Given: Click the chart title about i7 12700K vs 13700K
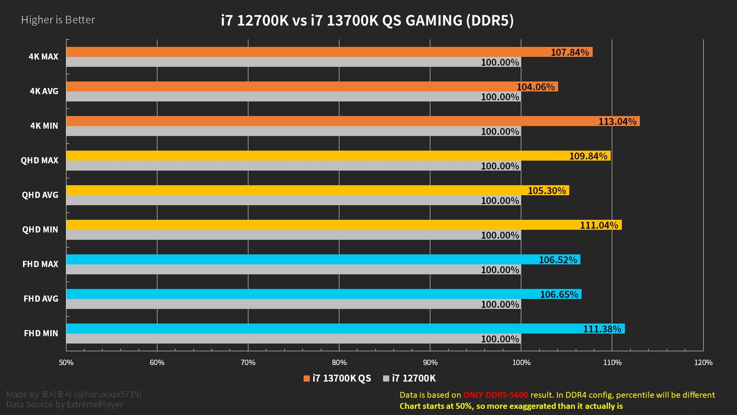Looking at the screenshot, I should coord(367,20).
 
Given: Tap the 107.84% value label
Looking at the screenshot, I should coord(570,52).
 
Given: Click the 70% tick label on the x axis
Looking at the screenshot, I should coord(248,362).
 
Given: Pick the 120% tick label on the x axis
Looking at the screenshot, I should coord(703,362).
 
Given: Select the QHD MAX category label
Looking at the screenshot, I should coord(40,160).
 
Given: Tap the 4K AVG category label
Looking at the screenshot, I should coord(44,91).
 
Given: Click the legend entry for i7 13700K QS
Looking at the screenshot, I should coord(337,378).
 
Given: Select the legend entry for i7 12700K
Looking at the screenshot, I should coord(410,378).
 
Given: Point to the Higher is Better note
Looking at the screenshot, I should coord(58,20).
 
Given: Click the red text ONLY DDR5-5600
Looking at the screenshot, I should coord(495,395).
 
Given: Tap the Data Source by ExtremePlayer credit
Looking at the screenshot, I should coord(64,405).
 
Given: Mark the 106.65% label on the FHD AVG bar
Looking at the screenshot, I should coord(559,294).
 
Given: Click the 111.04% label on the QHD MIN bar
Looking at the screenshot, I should coord(599,225).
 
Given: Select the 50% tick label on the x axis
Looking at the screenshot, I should coord(66,362).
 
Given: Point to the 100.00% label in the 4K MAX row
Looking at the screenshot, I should coord(500,62).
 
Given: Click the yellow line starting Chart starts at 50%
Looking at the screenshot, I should coord(511,406).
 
